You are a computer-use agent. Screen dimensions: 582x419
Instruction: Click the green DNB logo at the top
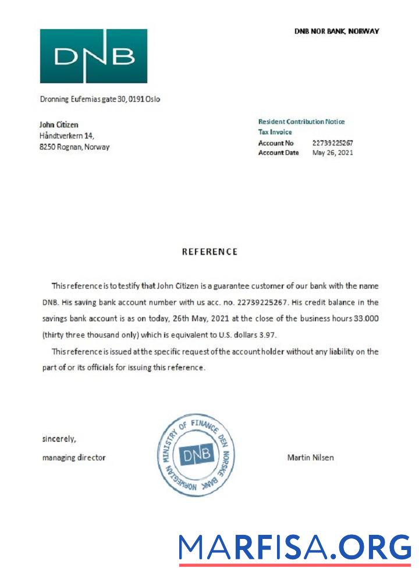(x=93, y=56)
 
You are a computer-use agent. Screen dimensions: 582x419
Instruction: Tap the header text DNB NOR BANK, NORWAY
(x=336, y=31)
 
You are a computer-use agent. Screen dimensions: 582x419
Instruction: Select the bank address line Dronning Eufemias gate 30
(x=100, y=99)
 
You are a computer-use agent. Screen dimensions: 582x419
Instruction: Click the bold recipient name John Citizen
(x=58, y=125)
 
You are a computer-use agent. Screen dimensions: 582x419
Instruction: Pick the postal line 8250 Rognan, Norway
(x=74, y=147)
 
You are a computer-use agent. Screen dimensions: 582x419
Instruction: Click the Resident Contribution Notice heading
(x=301, y=122)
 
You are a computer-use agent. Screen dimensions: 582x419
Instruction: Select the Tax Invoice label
(x=275, y=132)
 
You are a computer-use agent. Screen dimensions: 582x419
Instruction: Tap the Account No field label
(x=276, y=143)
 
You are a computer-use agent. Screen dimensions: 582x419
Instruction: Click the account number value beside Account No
(x=332, y=143)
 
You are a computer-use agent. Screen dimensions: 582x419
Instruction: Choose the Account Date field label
(x=278, y=152)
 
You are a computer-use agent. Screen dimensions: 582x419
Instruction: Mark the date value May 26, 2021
(x=332, y=152)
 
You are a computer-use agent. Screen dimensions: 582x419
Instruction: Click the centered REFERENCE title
(x=210, y=252)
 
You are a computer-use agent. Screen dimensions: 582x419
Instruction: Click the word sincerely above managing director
(x=59, y=439)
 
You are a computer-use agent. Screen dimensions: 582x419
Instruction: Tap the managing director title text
(x=74, y=457)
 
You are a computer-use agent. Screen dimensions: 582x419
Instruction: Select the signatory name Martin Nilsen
(x=310, y=457)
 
